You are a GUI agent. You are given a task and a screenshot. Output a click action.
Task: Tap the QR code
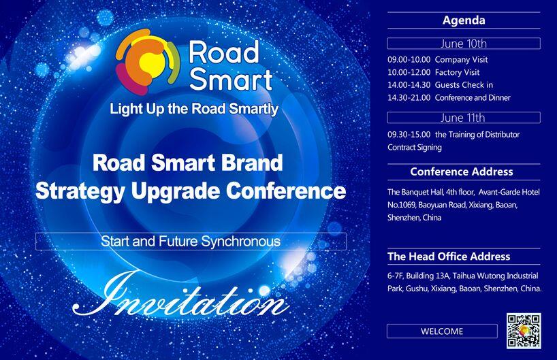tap(524, 331)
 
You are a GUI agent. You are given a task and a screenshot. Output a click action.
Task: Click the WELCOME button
tap(442, 331)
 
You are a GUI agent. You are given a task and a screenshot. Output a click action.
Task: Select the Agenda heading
tap(464, 20)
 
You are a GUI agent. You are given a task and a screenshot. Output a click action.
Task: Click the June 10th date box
tap(464, 44)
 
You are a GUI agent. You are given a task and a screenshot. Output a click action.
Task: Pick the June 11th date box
tap(464, 118)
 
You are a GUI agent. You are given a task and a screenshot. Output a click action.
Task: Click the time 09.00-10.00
tap(409, 60)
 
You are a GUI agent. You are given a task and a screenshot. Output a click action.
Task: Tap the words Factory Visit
tap(457, 72)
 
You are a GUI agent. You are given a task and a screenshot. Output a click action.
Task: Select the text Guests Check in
tap(464, 85)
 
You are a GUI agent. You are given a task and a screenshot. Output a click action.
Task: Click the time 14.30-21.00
tap(409, 97)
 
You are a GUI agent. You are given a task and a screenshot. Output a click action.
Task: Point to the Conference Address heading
tap(462, 172)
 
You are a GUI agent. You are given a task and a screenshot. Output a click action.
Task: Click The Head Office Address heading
tap(449, 257)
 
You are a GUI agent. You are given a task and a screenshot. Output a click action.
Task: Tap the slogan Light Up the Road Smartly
tap(194, 109)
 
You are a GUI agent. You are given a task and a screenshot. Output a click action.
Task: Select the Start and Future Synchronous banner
tap(191, 242)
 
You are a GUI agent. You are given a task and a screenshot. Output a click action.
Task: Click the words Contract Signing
tap(415, 148)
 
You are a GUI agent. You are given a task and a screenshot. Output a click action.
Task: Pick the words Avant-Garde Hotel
tap(509, 192)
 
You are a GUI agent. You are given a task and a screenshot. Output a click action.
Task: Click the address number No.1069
tap(401, 205)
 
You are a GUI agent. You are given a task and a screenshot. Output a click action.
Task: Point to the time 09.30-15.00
tap(409, 135)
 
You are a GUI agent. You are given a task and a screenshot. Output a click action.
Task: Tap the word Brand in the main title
tap(252, 163)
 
